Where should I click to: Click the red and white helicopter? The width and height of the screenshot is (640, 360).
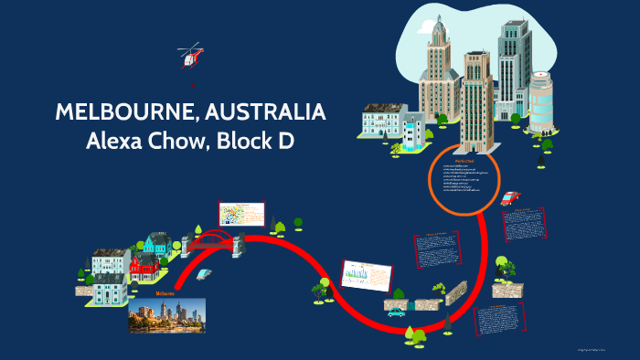(190, 57)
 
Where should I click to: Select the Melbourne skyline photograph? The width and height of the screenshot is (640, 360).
(167, 314)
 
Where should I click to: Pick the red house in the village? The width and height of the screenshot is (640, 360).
(144, 268)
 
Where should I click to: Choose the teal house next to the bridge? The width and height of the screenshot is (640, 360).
(155, 244)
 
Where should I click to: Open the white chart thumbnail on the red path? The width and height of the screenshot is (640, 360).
(366, 273)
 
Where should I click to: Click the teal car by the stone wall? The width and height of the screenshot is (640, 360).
(396, 312)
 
